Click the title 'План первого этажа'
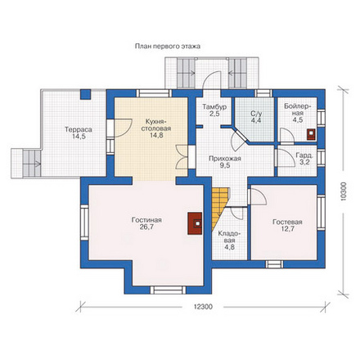point(168,47)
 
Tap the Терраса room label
point(79,129)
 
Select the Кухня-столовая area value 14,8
point(156,135)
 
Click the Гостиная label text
point(146,220)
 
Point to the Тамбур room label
point(214,107)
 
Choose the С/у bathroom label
point(256,114)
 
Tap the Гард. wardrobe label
point(304,156)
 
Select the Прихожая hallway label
point(225,159)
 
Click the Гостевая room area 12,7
point(288,229)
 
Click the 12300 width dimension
point(203,307)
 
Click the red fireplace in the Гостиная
point(195,223)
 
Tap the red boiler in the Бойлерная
point(312,134)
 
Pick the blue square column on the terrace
point(85,94)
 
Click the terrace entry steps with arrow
point(32,164)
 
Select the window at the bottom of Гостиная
point(169,290)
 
